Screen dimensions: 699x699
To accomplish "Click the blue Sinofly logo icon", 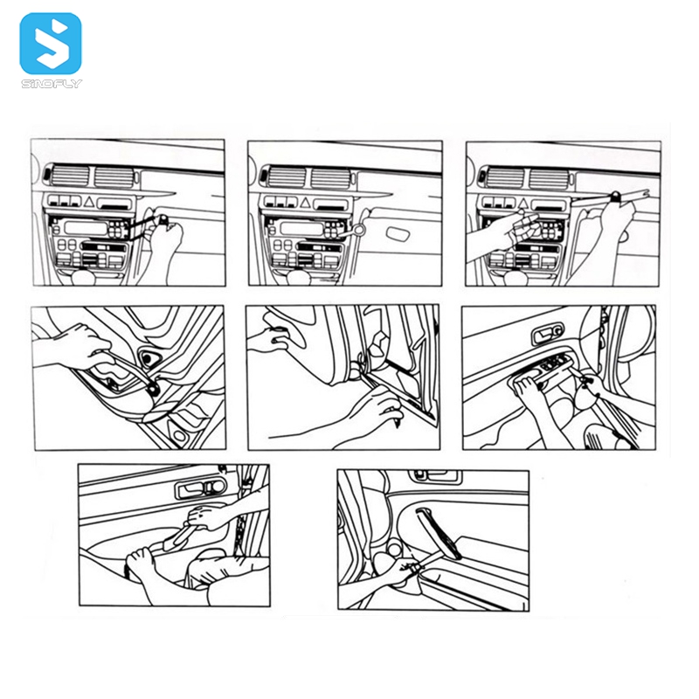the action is point(51,43).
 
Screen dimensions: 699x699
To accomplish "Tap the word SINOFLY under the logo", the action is point(52,84).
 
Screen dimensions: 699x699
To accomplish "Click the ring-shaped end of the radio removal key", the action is point(358,230).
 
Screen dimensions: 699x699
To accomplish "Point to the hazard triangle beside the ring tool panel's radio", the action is point(305,203).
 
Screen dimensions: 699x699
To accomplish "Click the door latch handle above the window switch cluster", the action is point(547,334).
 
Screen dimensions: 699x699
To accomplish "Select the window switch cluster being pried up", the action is point(548,367).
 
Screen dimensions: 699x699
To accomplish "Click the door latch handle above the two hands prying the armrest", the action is point(200,488).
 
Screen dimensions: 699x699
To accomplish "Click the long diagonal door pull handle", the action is point(439,533).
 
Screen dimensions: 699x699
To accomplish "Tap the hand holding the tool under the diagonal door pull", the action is point(397,570).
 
